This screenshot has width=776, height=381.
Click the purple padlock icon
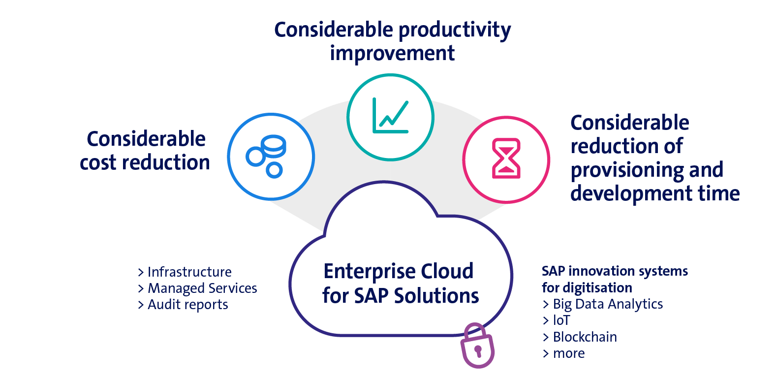tap(477, 347)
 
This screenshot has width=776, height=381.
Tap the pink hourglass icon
tap(506, 158)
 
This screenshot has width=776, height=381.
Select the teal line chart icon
tap(390, 116)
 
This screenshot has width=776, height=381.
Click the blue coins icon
tap(266, 157)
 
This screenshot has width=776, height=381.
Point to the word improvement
tap(392, 53)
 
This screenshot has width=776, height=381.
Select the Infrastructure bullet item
tap(185, 272)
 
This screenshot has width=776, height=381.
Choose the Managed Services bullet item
tap(197, 288)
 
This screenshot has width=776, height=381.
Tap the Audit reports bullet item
tap(183, 305)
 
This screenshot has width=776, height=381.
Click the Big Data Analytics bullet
tap(603, 304)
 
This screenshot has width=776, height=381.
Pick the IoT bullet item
tap(557, 320)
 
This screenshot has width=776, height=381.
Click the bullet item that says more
tap(564, 353)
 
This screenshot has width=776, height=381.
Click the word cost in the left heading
tap(98, 162)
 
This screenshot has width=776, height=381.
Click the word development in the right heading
tap(631, 193)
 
